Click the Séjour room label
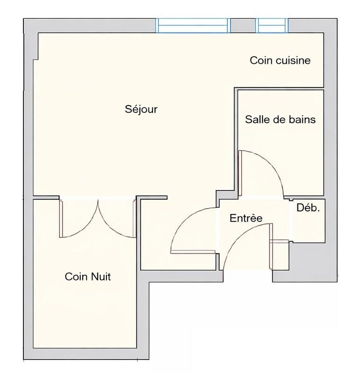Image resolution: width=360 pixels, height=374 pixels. [x=141, y=109]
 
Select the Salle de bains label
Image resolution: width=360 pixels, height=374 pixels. [x=280, y=120]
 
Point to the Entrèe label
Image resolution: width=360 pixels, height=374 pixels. [x=246, y=218]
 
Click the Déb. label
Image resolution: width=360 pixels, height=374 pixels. [x=309, y=209]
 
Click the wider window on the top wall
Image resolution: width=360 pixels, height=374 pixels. [x=193, y=25]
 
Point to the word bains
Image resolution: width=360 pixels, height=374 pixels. [x=303, y=120]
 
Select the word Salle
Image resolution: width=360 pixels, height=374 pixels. [x=257, y=120]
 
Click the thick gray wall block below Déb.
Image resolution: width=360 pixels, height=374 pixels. [x=311, y=262]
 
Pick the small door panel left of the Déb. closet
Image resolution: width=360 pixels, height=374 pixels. [x=281, y=242]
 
